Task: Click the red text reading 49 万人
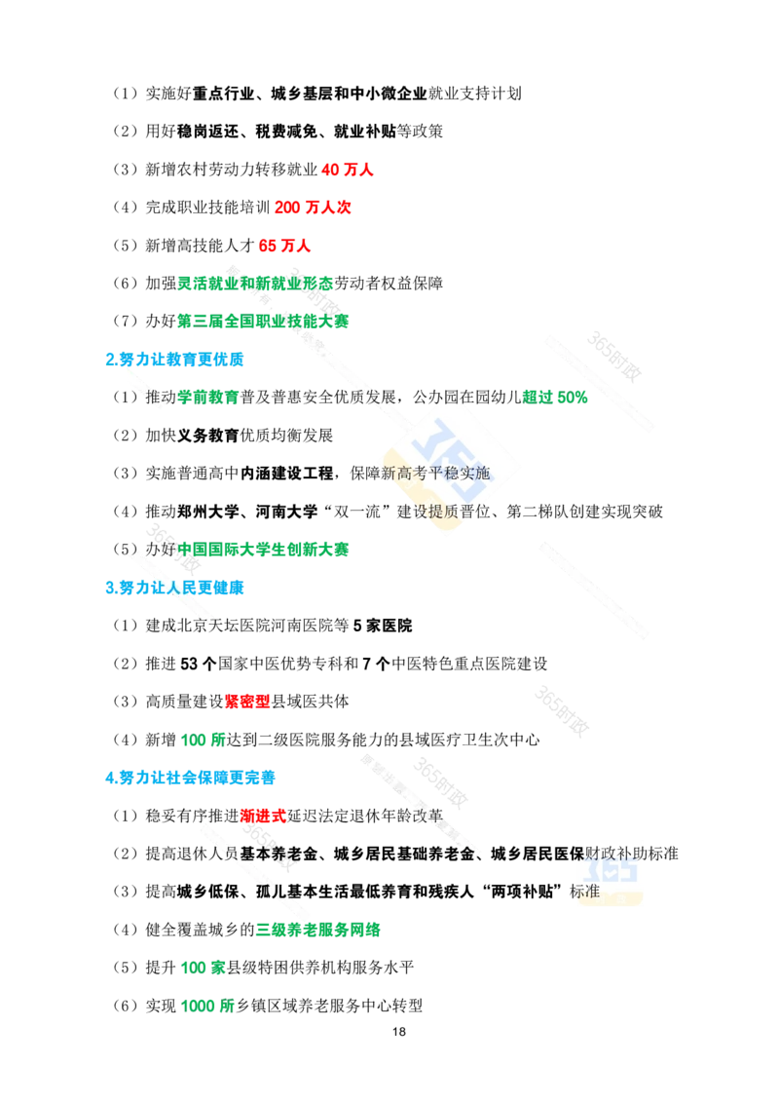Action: (347, 170)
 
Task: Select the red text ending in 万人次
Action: (315, 207)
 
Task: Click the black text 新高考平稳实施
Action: (435, 474)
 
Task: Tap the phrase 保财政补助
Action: (612, 854)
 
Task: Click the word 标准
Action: (586, 891)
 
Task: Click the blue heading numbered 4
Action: (190, 777)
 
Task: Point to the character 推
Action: (156, 397)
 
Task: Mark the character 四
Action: (452, 397)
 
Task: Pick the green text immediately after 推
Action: (208, 397)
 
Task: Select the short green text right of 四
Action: (555, 397)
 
